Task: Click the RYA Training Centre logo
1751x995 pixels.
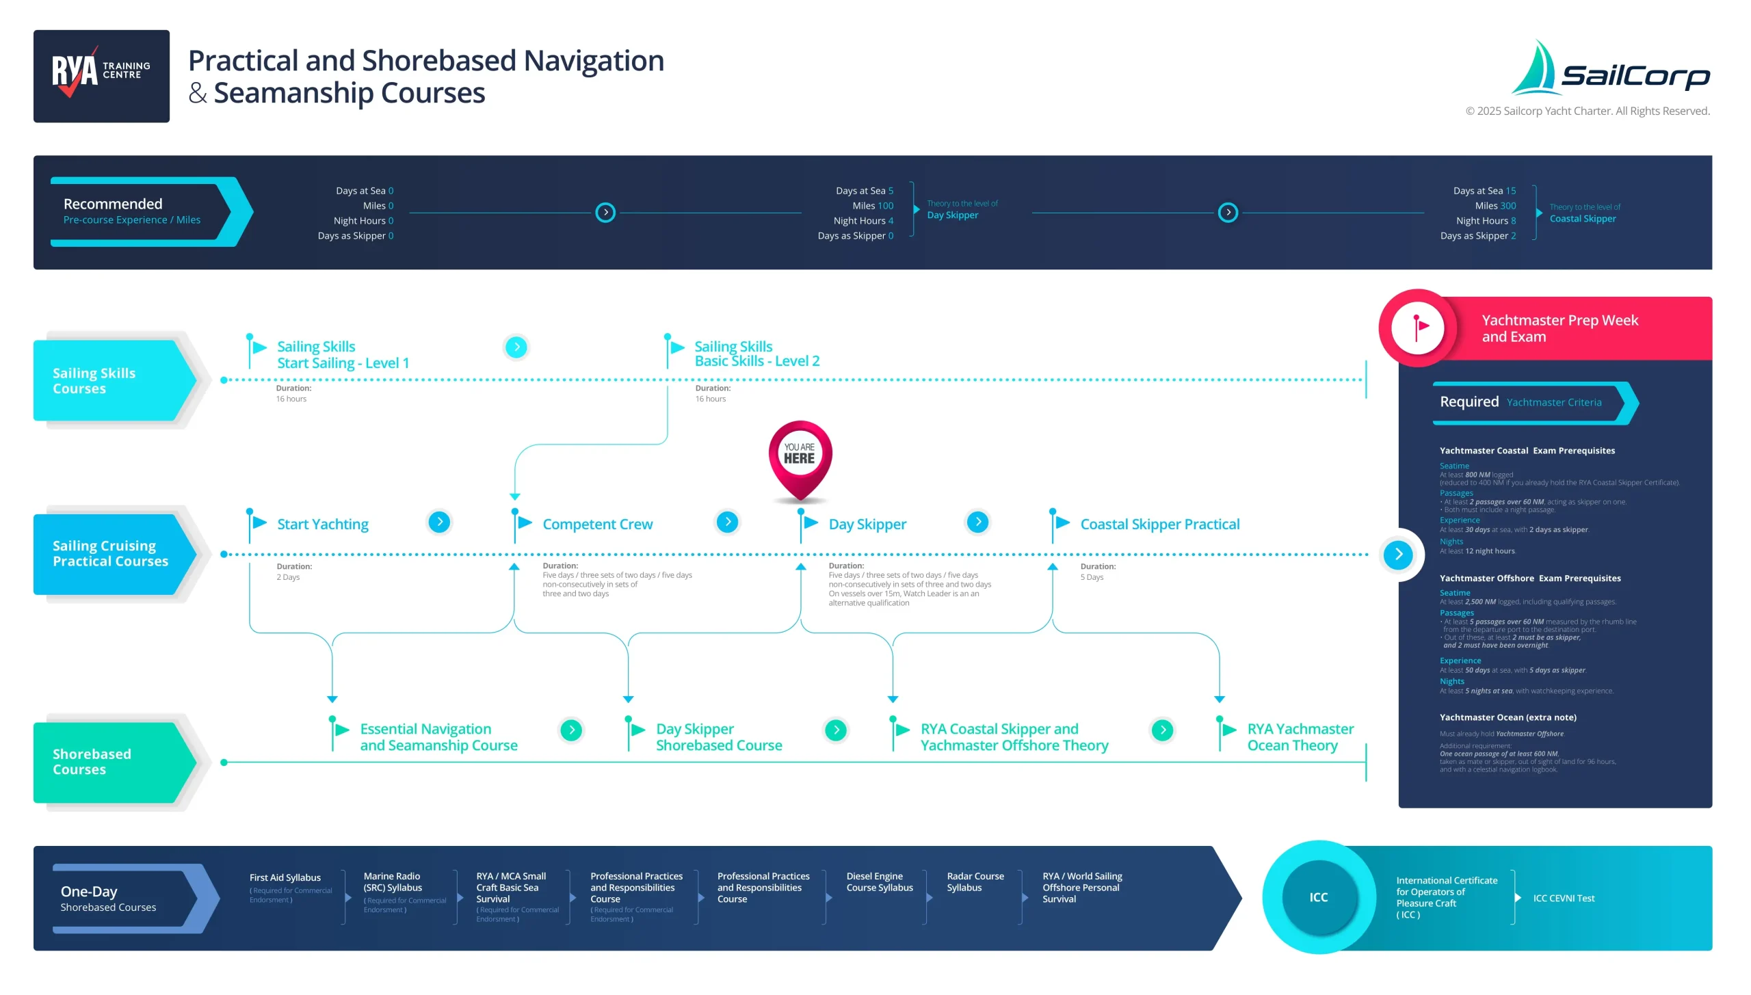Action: pyautogui.click(x=101, y=76)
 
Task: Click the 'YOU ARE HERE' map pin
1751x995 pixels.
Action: pyautogui.click(x=800, y=456)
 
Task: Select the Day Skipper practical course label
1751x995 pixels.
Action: pyautogui.click(x=867, y=525)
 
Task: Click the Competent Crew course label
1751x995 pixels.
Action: pyautogui.click(x=597, y=525)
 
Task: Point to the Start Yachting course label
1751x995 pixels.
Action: pyautogui.click(x=322, y=525)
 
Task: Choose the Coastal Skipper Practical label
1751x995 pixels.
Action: pyautogui.click(x=1159, y=525)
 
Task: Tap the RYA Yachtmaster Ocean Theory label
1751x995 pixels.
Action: pyautogui.click(x=1300, y=737)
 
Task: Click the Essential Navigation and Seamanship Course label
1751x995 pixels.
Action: pyautogui.click(x=438, y=737)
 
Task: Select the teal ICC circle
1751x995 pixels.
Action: pyautogui.click(x=1318, y=897)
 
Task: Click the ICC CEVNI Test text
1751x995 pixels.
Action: pyautogui.click(x=1563, y=899)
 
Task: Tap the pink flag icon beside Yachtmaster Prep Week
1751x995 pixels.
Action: pyautogui.click(x=1419, y=328)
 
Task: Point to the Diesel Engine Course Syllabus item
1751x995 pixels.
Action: pyautogui.click(x=879, y=882)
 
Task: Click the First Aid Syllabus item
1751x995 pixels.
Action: pyautogui.click(x=285, y=878)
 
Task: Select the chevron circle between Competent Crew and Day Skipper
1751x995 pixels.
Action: pyautogui.click(x=727, y=522)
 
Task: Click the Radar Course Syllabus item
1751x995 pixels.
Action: pyautogui.click(x=975, y=882)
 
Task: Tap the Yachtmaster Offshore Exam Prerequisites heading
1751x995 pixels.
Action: pyautogui.click(x=1529, y=579)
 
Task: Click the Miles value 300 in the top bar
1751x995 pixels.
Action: pyautogui.click(x=1508, y=206)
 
